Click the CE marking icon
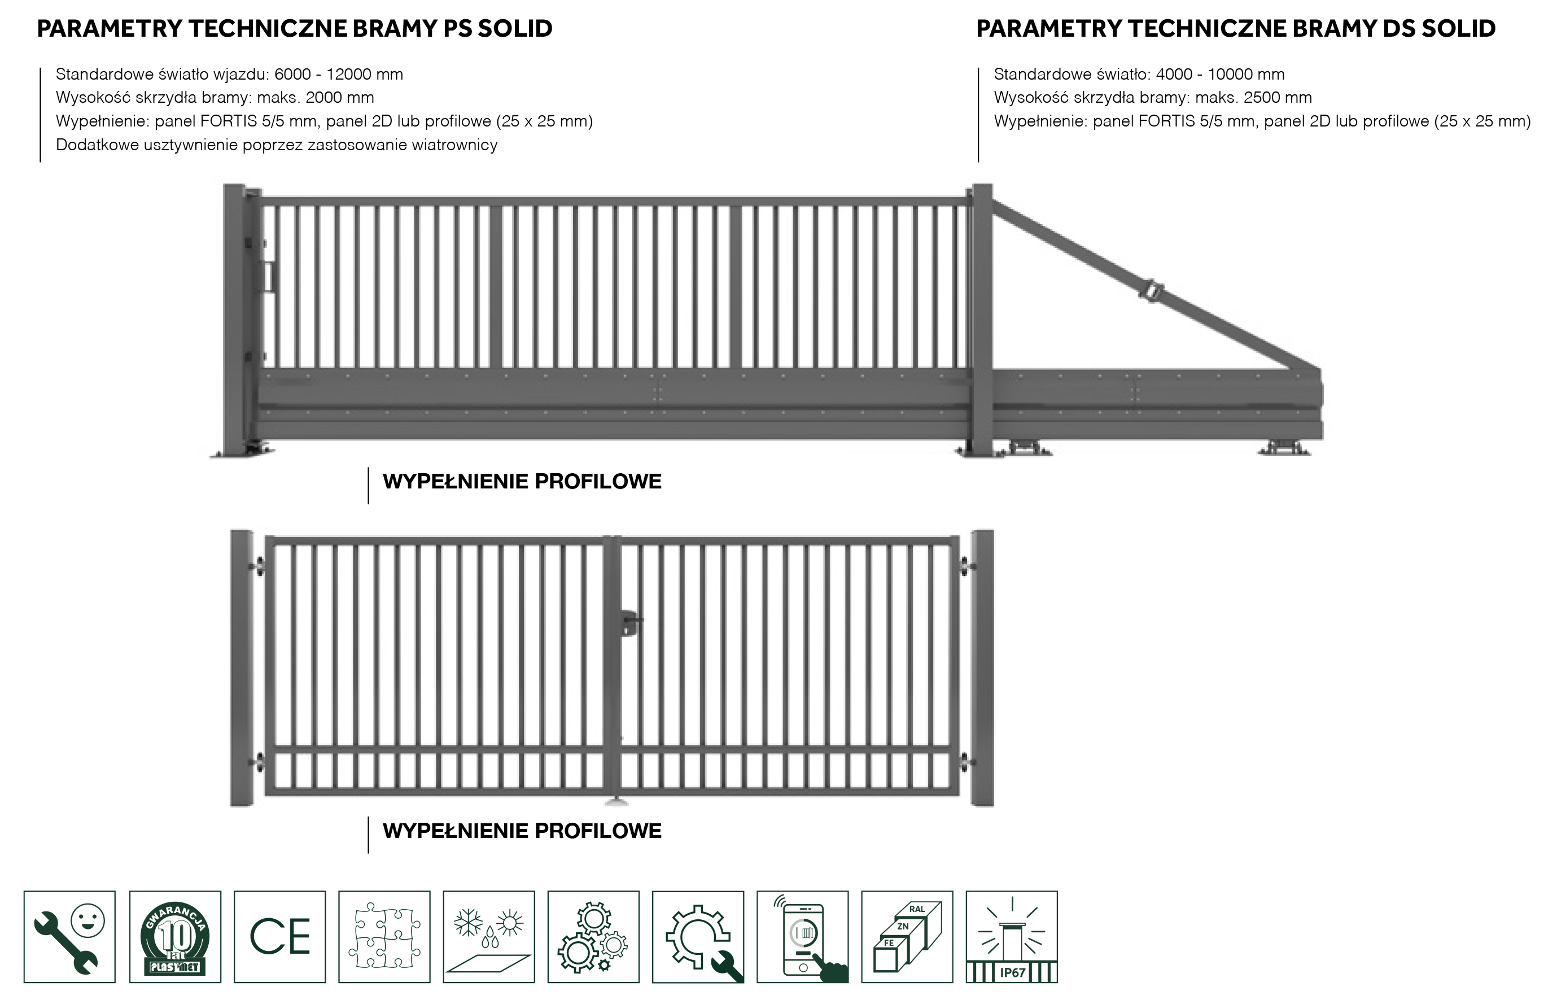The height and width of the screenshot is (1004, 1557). pyautogui.click(x=279, y=937)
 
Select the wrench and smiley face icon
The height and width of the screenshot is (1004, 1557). pyautogui.click(x=70, y=937)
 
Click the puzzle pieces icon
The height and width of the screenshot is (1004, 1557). pyautogui.click(x=384, y=937)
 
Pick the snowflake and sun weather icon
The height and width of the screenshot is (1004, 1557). pyautogui.click(x=489, y=937)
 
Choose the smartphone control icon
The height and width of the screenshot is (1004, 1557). pyautogui.click(x=802, y=937)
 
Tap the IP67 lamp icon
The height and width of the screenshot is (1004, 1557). pyautogui.click(x=1012, y=937)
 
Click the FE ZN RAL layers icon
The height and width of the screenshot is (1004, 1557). pyautogui.click(x=907, y=937)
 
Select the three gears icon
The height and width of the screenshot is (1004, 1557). pyautogui.click(x=593, y=937)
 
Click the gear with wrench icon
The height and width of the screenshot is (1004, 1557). pyautogui.click(x=698, y=937)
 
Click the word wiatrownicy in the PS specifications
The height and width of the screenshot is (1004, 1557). pyautogui.click(x=454, y=145)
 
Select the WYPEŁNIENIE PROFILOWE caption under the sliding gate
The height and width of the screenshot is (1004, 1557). pyautogui.click(x=522, y=482)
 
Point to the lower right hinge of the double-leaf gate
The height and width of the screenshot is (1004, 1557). pyautogui.click(x=966, y=762)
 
